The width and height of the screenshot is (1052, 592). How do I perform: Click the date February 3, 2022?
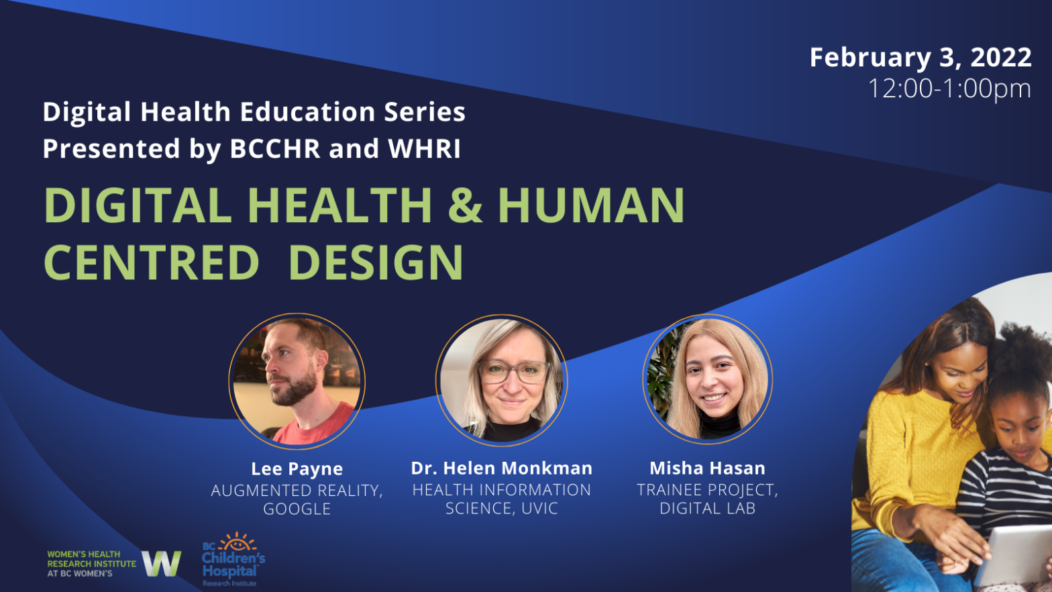(920, 58)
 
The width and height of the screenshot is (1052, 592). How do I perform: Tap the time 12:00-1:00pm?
(949, 89)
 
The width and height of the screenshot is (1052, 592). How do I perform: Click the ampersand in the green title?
(465, 205)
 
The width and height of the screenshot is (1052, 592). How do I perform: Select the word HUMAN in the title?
(590, 205)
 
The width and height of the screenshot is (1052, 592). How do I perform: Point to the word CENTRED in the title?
(152, 262)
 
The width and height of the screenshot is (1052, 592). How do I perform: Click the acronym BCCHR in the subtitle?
(275, 149)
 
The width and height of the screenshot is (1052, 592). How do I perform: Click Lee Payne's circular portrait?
(297, 381)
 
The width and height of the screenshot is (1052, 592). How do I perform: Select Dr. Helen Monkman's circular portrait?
(502, 381)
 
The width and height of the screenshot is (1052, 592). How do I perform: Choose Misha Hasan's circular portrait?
(707, 380)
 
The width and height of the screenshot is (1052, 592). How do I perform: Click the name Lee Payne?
(297, 468)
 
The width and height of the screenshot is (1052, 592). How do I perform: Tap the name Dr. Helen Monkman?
(502, 468)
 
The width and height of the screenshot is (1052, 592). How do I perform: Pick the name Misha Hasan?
(707, 468)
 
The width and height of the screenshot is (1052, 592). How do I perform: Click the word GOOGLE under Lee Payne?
(297, 509)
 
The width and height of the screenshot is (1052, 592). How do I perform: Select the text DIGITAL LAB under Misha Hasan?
(707, 509)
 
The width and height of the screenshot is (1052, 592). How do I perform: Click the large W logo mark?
(161, 563)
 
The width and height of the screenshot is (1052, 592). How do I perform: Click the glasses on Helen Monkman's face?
(513, 371)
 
